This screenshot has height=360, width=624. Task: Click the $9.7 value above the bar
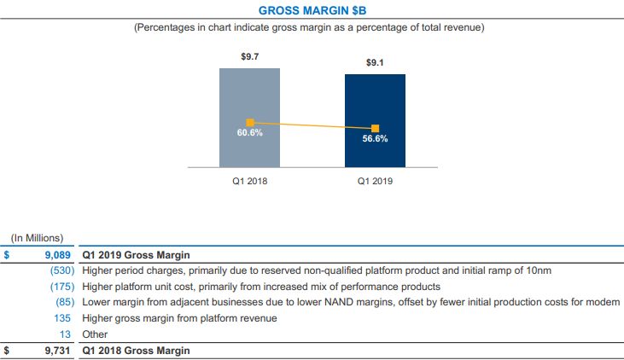click(249, 55)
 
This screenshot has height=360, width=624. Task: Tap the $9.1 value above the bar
click(375, 63)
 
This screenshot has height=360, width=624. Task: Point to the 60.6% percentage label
click(249, 134)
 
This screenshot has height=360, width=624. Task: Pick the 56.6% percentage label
click(375, 139)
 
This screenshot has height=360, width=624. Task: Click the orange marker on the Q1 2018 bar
click(250, 123)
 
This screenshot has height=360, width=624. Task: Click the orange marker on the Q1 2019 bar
click(375, 129)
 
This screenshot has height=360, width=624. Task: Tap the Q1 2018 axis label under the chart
click(249, 181)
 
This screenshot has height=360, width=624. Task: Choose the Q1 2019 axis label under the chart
click(375, 181)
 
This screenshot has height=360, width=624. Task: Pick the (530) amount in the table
click(61, 270)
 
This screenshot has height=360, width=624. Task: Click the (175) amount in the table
click(61, 287)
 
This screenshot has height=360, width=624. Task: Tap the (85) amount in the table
click(64, 302)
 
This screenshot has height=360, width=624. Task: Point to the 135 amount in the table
click(66, 318)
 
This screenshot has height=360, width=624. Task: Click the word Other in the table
click(95, 334)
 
